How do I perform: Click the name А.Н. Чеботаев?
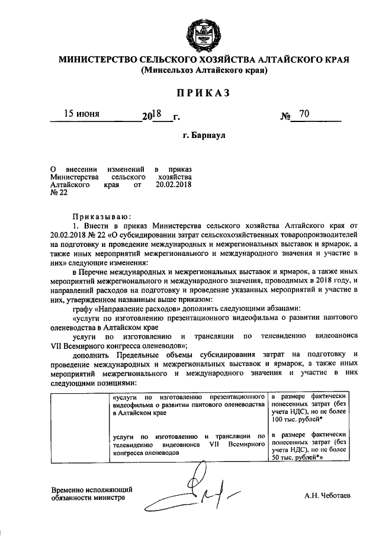327,495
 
